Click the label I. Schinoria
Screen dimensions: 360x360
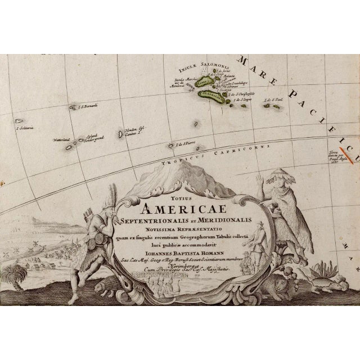25,128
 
